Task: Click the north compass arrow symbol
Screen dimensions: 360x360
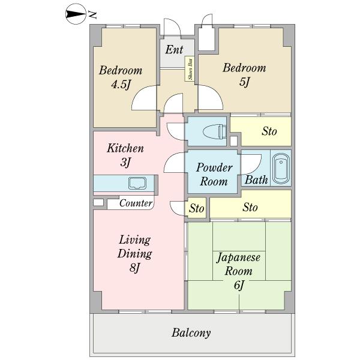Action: (76, 14)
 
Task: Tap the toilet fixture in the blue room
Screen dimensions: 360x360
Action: (215, 131)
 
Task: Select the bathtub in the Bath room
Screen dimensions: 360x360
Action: (281, 167)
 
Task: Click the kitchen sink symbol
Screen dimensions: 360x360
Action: (137, 183)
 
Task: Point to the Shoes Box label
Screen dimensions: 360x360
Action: (190, 69)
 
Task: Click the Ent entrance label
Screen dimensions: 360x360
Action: (174, 49)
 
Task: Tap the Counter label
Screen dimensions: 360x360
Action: (136, 203)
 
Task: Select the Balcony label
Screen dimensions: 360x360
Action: (191, 332)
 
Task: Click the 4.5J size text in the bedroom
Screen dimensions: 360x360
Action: (121, 85)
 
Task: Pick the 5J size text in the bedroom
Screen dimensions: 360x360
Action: (244, 82)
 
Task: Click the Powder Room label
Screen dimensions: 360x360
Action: (214, 174)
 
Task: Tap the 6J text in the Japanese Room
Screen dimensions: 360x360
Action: (239, 286)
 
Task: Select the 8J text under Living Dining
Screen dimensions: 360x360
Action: (134, 268)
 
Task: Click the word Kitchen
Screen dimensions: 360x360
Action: (125, 148)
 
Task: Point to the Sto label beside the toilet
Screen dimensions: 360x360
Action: (269, 131)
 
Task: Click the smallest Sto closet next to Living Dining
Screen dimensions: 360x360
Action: (197, 208)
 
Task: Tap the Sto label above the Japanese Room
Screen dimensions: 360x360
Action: (250, 207)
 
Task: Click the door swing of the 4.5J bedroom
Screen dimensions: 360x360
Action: (144, 97)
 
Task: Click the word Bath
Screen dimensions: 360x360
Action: (256, 180)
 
